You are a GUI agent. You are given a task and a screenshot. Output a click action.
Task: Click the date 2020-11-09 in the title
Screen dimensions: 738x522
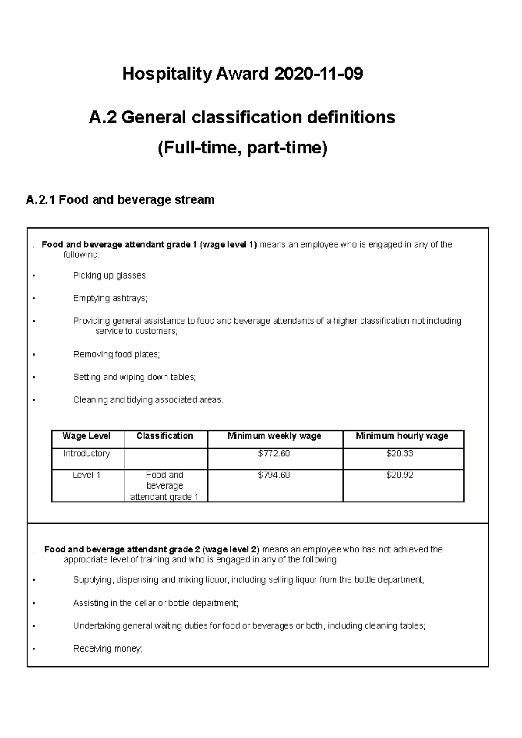point(318,74)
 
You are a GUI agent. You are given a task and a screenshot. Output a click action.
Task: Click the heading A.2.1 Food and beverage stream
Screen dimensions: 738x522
point(120,200)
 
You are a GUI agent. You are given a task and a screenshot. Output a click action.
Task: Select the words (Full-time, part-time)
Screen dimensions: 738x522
point(242,148)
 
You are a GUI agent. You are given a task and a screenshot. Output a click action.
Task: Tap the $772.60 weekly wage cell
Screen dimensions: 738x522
point(274,454)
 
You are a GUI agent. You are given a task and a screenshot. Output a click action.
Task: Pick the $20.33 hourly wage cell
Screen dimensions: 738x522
point(399,454)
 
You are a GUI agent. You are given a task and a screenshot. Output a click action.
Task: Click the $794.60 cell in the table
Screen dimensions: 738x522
point(274,475)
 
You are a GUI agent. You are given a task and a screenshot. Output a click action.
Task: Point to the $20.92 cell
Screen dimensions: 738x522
point(399,475)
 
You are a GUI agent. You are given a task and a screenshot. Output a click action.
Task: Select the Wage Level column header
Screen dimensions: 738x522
point(87,436)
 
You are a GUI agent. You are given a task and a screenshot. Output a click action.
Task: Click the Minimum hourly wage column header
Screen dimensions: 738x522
point(402,436)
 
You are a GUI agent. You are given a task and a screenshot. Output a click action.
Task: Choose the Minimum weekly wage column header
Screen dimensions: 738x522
point(274,436)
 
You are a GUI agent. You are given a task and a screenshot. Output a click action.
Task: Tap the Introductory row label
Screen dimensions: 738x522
point(87,454)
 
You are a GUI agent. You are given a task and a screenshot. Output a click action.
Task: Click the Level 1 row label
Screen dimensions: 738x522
point(87,475)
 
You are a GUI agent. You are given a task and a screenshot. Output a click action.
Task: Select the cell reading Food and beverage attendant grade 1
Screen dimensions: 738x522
point(165,486)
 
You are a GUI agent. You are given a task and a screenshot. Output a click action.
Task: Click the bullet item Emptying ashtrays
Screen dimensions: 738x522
point(110,298)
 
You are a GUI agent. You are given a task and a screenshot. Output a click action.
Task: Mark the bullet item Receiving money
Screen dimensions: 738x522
point(107,649)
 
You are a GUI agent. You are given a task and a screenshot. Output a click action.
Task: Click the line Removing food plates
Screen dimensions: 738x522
point(117,355)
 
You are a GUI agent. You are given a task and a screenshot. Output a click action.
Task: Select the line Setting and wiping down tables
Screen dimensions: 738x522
point(134,377)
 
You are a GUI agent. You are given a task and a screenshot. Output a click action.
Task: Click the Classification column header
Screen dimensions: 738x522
point(165,436)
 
